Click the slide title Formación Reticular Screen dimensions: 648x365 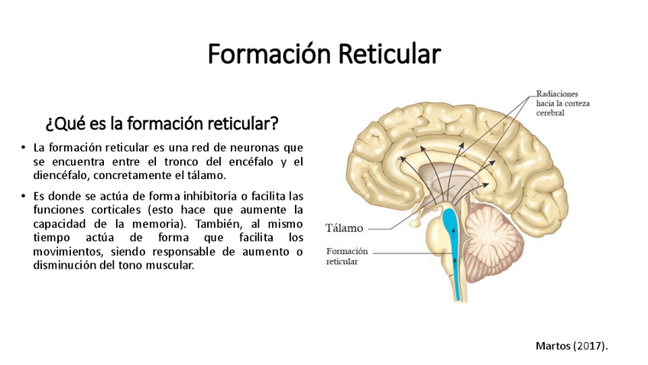324,55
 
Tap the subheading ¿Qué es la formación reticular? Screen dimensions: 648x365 161,123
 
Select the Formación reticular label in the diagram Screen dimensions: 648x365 347,256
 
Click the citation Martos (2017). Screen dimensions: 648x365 572,346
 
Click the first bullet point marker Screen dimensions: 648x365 24,148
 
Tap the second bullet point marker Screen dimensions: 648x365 24,196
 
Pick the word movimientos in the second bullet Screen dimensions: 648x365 66,251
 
